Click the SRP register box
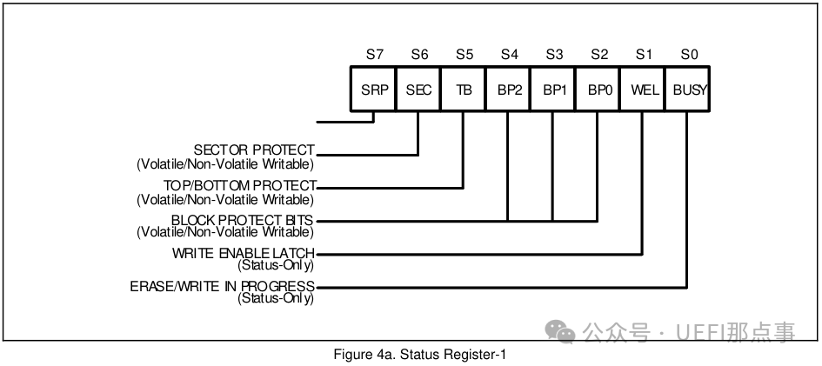(374, 89)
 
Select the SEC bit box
(418, 89)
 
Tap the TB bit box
(464, 89)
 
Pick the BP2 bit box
(509, 89)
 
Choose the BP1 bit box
(553, 89)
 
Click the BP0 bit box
(598, 89)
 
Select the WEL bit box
(644, 89)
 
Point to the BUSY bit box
(689, 89)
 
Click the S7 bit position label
(374, 54)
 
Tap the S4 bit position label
(509, 54)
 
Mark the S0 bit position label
(689, 54)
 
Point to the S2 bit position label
(598, 54)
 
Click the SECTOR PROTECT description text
(254, 151)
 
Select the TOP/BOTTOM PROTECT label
(240, 185)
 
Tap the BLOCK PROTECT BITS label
(243, 220)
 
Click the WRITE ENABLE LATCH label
(243, 254)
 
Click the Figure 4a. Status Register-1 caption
(419, 355)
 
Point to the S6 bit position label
(418, 54)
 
